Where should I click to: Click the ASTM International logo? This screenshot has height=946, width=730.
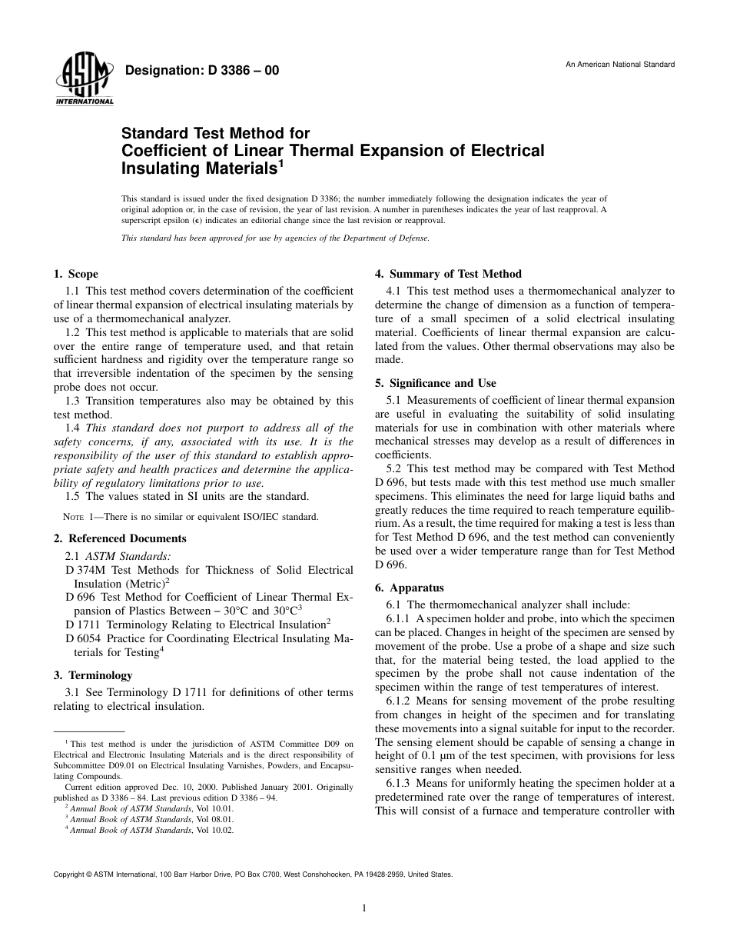click(x=84, y=82)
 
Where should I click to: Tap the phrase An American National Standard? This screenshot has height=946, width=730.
click(x=620, y=65)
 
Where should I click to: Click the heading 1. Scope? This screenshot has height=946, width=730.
click(x=75, y=274)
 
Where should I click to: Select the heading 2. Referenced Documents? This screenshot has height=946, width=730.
click(x=120, y=538)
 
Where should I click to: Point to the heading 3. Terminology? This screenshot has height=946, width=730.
click(x=91, y=675)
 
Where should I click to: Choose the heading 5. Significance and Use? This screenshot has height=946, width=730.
click(x=435, y=383)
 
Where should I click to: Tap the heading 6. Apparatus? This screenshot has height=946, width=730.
click(x=410, y=588)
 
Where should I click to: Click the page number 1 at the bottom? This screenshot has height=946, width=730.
click(x=364, y=908)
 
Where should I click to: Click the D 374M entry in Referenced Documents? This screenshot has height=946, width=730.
click(x=83, y=570)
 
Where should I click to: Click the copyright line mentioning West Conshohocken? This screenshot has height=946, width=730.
click(x=253, y=874)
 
